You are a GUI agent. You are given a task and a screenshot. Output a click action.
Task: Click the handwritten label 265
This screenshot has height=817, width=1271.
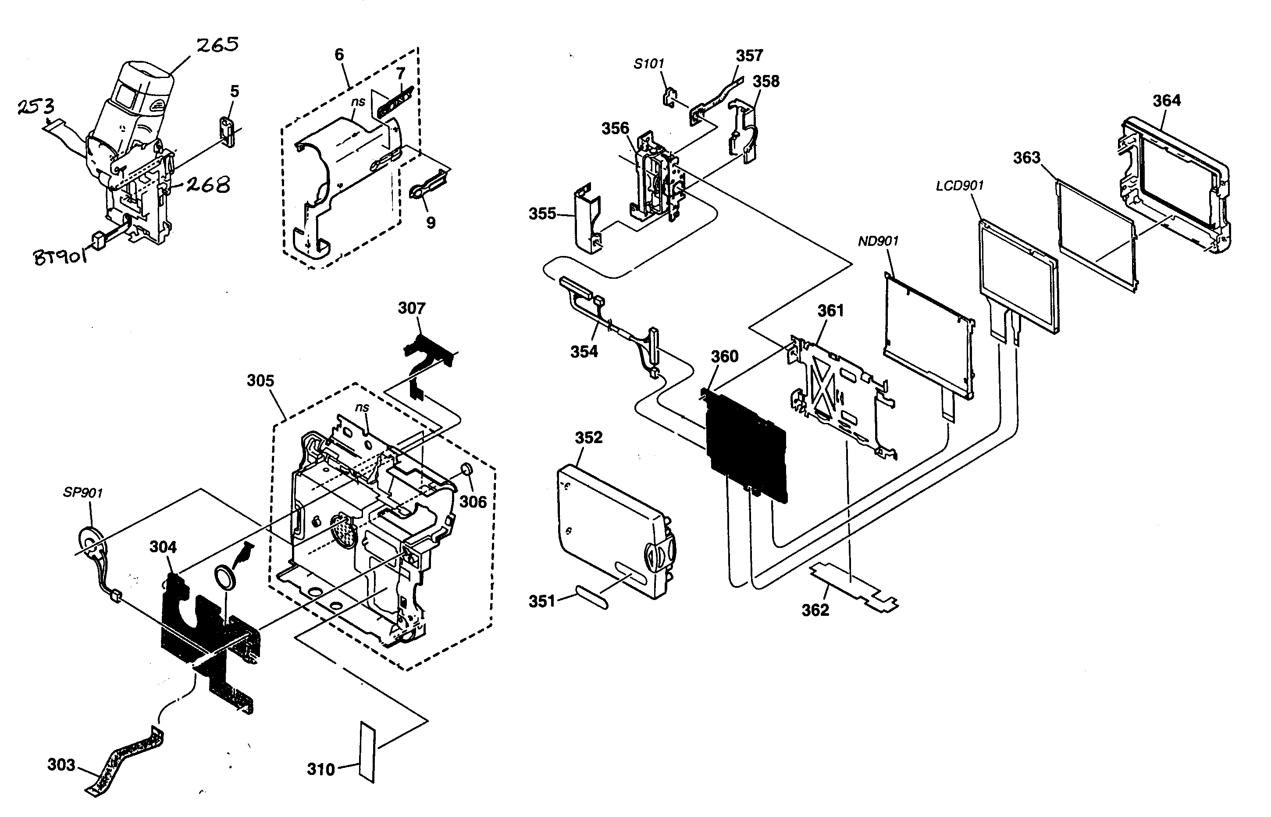click(x=217, y=45)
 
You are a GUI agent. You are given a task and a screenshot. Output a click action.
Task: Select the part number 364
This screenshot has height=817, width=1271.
click(x=1167, y=100)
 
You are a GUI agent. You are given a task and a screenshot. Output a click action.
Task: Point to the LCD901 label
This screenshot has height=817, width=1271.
click(x=959, y=186)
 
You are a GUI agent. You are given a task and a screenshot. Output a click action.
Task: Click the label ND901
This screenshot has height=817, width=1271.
click(x=878, y=242)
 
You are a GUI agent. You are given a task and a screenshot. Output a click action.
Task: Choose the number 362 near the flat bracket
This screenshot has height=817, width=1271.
click(x=815, y=610)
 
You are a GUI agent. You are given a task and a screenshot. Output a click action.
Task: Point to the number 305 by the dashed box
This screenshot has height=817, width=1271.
click(x=260, y=380)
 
